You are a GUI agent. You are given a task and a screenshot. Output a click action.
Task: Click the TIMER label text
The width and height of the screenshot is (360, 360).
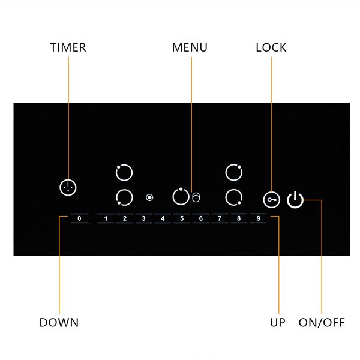click(68, 47)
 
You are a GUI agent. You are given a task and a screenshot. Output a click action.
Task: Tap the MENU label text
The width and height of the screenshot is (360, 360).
click(190, 47)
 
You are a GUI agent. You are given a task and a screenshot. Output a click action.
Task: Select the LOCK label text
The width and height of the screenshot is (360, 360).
click(271, 47)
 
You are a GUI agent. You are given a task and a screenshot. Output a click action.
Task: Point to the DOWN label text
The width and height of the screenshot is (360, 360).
click(59, 322)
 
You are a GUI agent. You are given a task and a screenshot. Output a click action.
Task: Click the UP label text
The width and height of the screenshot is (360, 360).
click(278, 322)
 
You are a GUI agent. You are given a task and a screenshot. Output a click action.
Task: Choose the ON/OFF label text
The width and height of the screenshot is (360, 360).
click(322, 322)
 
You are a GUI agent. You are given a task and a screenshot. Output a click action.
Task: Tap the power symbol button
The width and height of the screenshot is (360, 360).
click(295, 200)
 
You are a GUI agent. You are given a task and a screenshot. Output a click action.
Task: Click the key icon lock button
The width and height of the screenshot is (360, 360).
click(272, 200)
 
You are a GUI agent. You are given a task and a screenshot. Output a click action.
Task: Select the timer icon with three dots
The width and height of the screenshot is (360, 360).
click(68, 188)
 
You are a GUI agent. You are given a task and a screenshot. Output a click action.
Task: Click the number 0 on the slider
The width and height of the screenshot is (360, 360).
click(79, 218)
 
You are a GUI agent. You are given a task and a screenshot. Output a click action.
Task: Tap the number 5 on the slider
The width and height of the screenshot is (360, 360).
click(182, 218)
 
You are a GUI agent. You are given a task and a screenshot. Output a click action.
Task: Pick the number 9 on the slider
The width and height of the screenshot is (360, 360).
click(258, 218)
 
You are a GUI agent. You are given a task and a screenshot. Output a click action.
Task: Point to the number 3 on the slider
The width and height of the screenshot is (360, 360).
click(143, 218)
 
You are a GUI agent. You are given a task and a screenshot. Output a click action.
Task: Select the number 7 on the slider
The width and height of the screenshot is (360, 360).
click(220, 218)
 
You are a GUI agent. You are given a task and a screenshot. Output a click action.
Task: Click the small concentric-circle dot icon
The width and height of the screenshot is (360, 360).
click(149, 197)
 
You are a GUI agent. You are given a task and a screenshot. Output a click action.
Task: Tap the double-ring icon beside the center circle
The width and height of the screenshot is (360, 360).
click(196, 197)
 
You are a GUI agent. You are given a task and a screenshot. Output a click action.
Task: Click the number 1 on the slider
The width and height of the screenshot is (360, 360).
click(106, 218)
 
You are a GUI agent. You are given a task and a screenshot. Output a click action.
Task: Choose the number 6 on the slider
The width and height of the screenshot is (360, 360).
click(200, 218)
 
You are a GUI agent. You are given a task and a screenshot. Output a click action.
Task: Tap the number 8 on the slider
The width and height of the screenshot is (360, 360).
click(239, 218)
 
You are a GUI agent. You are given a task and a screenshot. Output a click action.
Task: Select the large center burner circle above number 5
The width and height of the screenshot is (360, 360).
click(173, 197)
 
